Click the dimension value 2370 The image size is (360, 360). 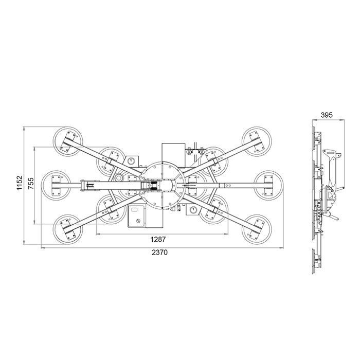(x=159, y=253)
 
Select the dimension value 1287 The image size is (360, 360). (x=158, y=240)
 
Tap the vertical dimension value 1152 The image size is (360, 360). (x=20, y=183)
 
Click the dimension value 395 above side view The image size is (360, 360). (x=327, y=115)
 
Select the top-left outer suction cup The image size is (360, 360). (x=68, y=141)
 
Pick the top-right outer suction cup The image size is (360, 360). (x=257, y=141)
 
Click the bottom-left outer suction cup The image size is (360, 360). (x=68, y=229)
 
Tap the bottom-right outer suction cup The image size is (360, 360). (x=257, y=229)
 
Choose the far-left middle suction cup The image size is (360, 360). (x=56, y=185)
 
